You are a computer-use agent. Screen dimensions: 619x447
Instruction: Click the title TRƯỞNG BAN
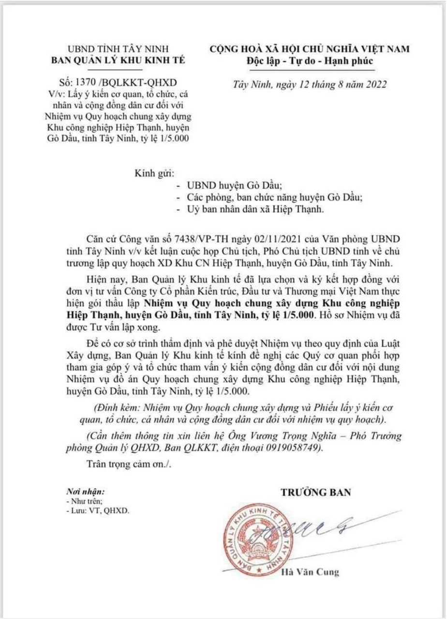(316, 493)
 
